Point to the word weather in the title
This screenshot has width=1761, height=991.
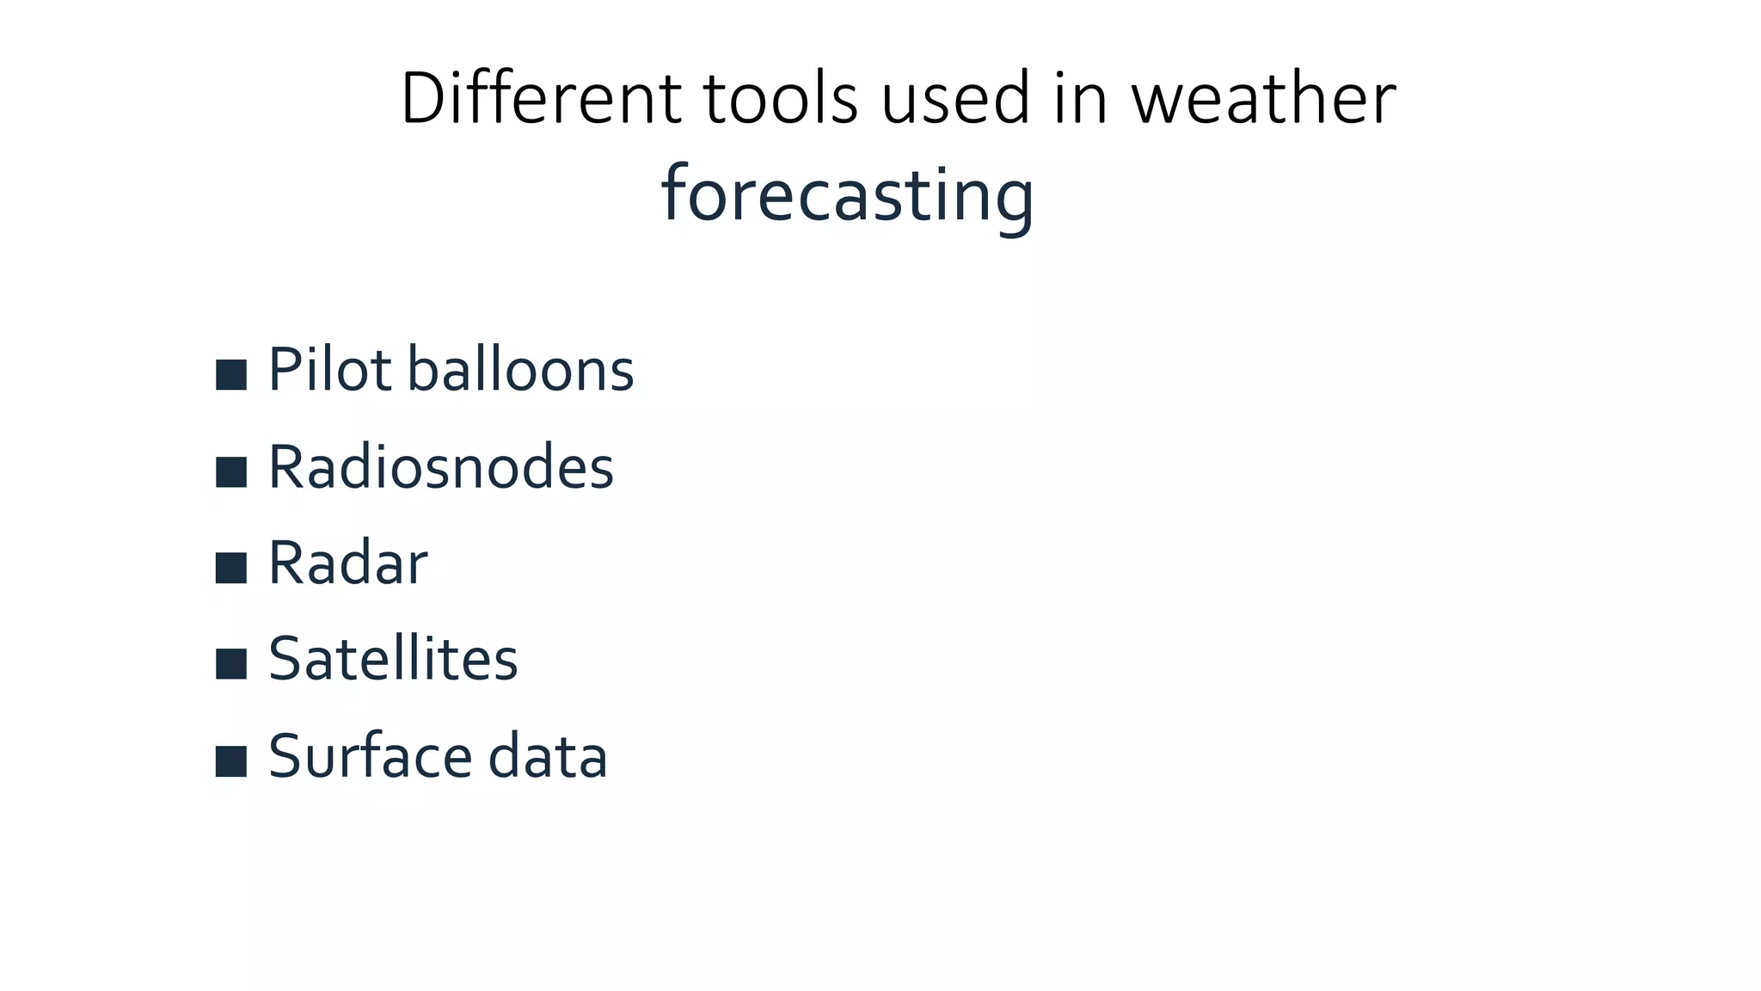[x=1263, y=98]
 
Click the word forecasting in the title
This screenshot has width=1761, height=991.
[x=847, y=196]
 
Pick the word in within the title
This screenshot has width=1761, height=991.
[x=1081, y=98]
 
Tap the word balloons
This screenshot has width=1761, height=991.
[x=520, y=370]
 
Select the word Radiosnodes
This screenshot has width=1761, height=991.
[x=441, y=467]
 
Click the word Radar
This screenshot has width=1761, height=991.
[x=347, y=563]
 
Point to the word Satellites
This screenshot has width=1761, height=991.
[x=393, y=660]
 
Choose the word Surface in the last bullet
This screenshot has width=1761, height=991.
[x=370, y=756]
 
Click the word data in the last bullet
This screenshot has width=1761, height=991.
[x=548, y=756]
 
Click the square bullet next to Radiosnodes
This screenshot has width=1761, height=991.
[x=231, y=471]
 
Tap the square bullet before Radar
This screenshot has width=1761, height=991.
[x=231, y=568]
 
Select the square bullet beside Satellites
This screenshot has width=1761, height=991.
[x=231, y=664]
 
